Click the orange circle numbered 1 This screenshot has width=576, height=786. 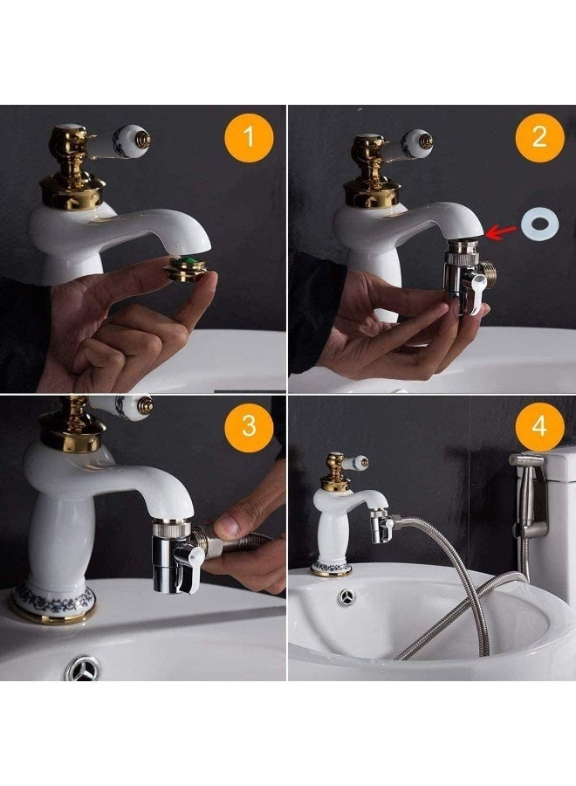249,138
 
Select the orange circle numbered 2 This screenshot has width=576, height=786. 539,138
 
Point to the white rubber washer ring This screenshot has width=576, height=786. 539,224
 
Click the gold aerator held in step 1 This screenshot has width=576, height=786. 186,267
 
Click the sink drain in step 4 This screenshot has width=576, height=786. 346,597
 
